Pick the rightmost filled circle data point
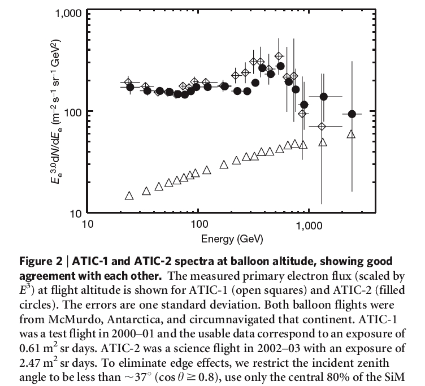[352, 114]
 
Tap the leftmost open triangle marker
[129, 196]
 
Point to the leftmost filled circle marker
[131, 87]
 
